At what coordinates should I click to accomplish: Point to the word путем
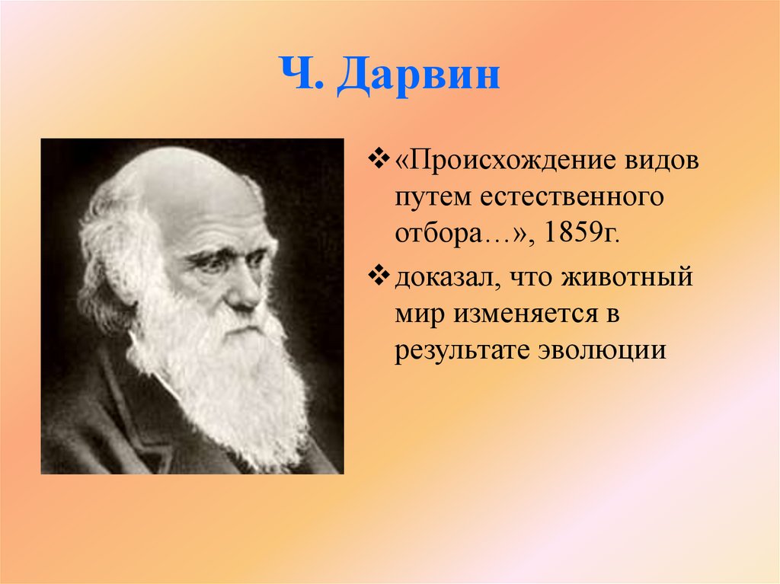pyautogui.click(x=433, y=198)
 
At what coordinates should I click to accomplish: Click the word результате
pyautogui.click(x=462, y=349)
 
